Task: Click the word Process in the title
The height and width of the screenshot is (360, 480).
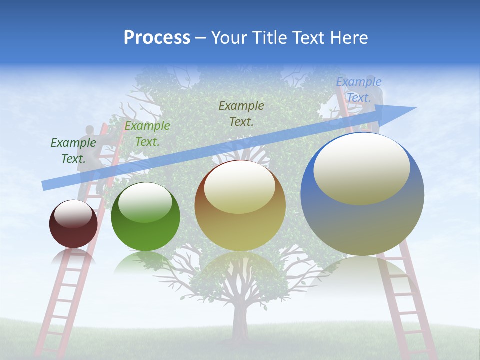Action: click(x=157, y=38)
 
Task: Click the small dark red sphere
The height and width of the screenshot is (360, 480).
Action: click(x=73, y=224)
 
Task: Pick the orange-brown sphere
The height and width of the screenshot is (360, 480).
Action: click(x=240, y=206)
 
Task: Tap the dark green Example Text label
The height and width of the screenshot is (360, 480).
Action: click(x=73, y=151)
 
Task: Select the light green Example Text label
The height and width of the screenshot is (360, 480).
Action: click(x=147, y=134)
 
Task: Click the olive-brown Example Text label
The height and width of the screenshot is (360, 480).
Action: click(x=241, y=113)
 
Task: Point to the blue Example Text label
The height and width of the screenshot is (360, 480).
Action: click(x=358, y=90)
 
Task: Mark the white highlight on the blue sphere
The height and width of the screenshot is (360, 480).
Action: click(x=361, y=169)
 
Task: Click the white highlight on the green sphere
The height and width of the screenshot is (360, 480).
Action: click(x=145, y=202)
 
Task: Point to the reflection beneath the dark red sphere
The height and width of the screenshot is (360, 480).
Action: click(x=73, y=257)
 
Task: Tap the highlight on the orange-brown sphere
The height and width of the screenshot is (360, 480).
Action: click(x=240, y=187)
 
